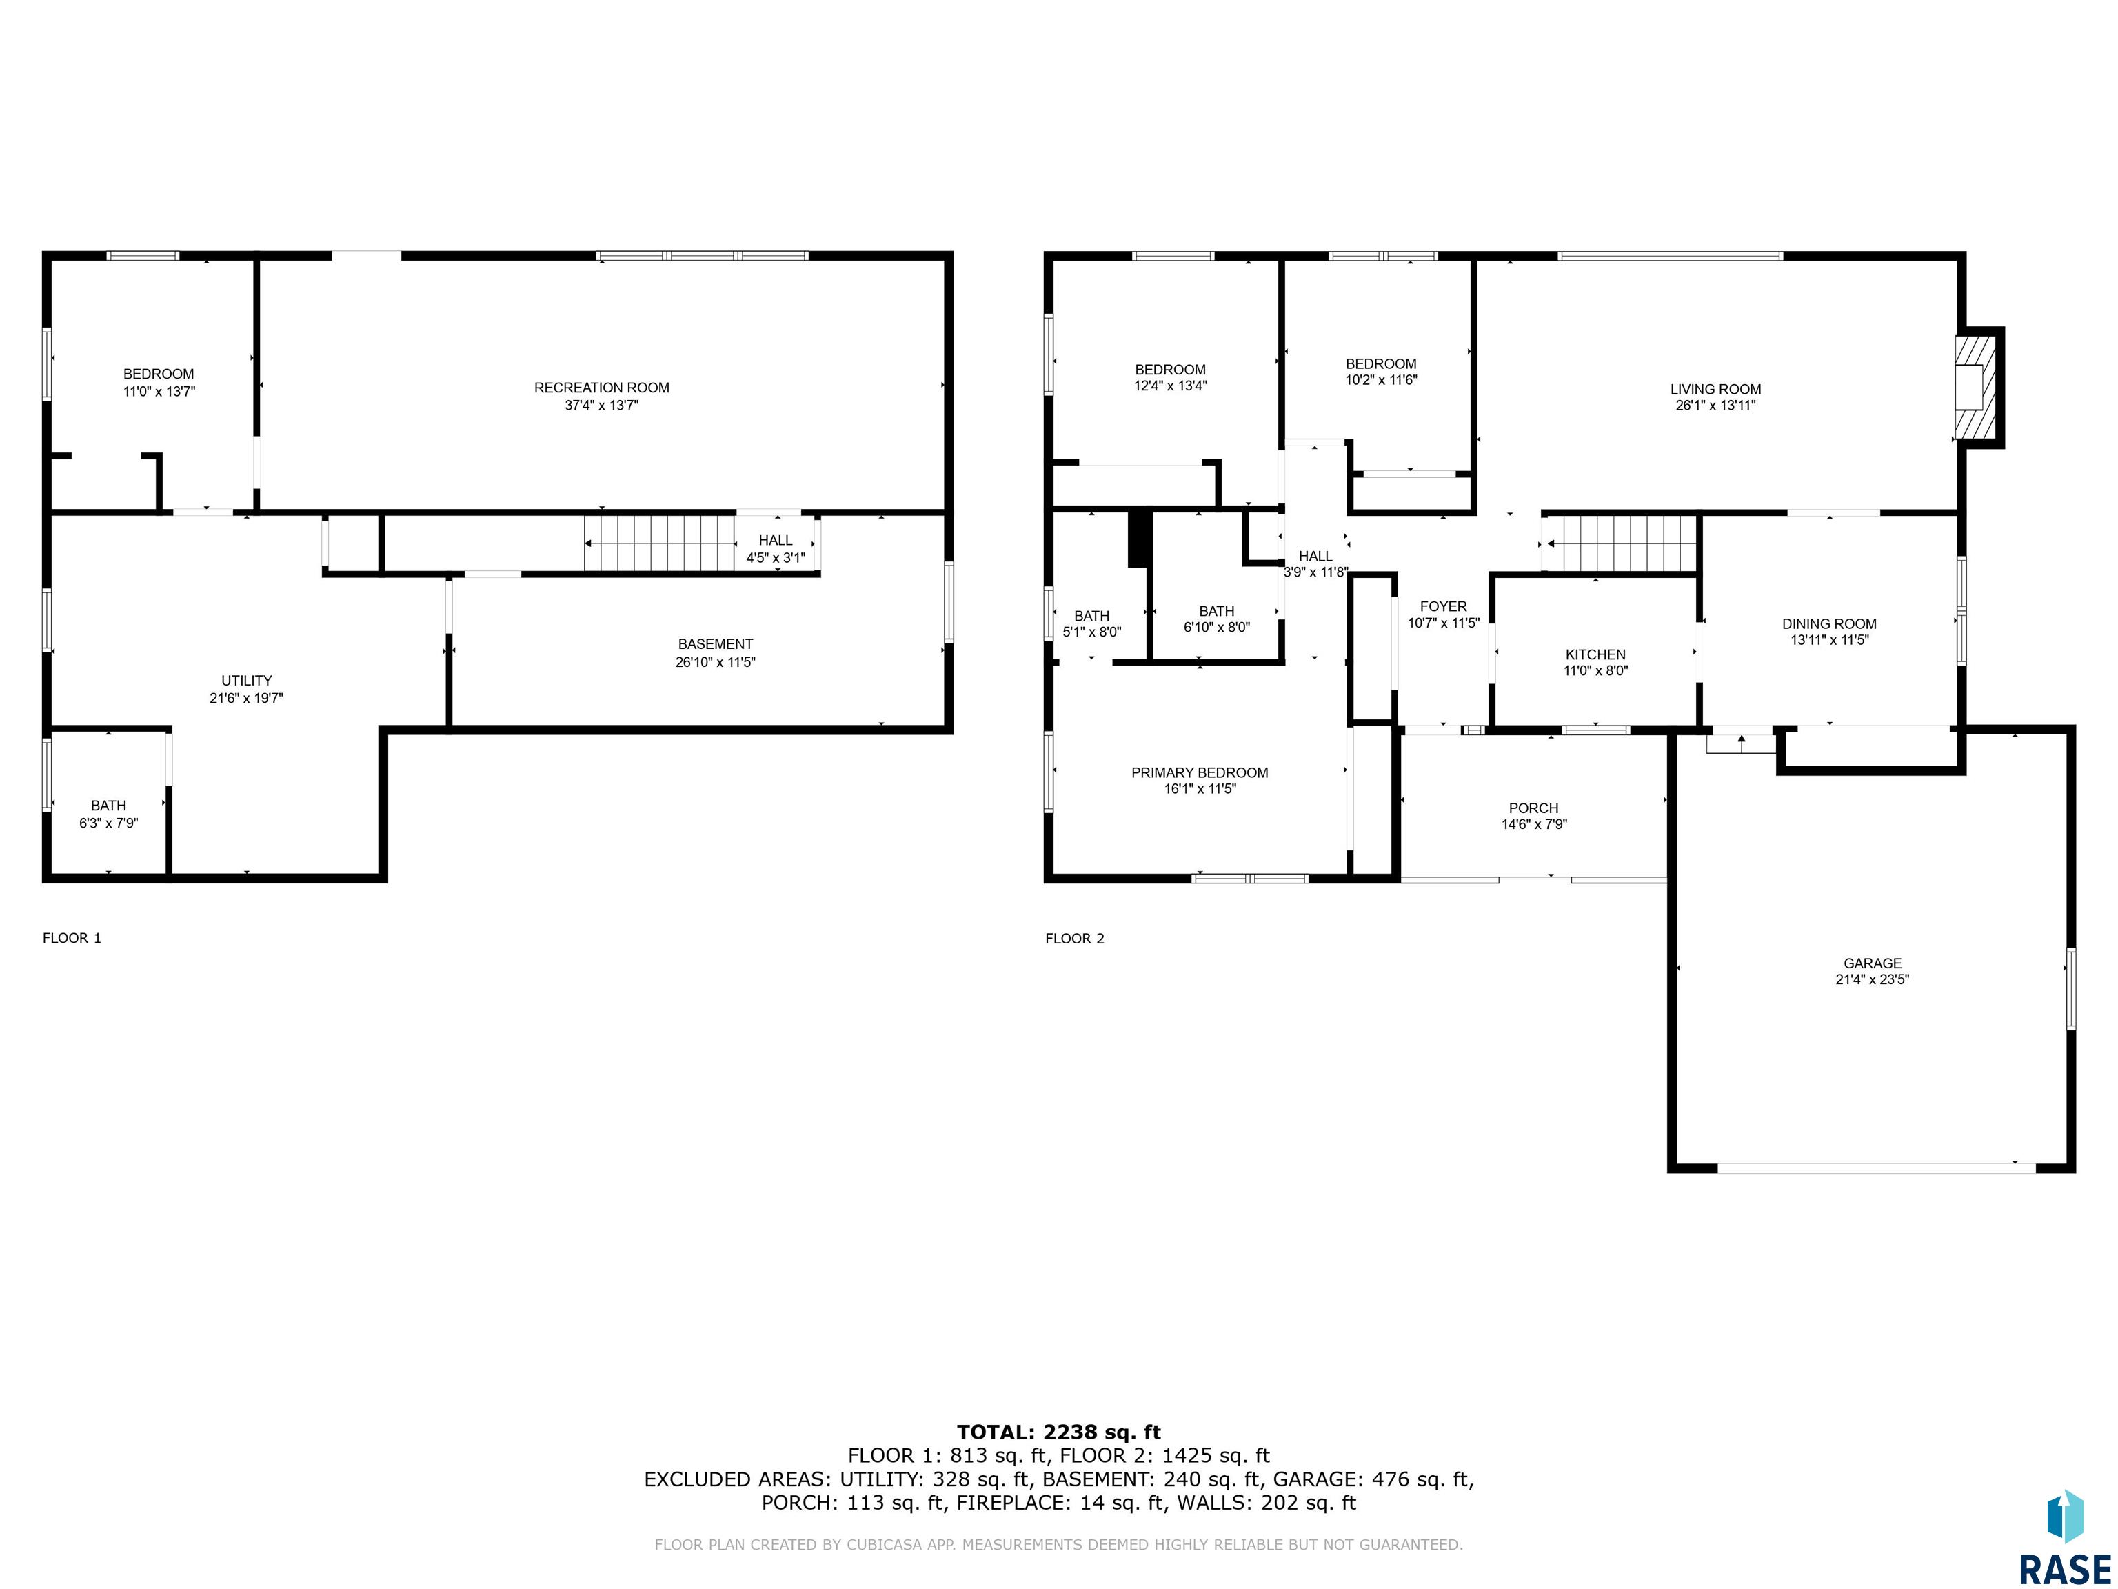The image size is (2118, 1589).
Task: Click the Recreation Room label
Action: tap(601, 388)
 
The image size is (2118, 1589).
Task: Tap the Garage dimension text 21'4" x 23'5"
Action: tap(1872, 980)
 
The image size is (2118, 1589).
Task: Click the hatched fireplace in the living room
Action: tap(1970, 387)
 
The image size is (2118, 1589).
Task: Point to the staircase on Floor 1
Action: tap(660, 543)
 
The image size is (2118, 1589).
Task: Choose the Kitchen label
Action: tap(1595, 655)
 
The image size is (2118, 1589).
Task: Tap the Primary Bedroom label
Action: tap(1200, 773)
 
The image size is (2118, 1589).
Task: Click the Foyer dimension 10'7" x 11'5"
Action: tap(1443, 623)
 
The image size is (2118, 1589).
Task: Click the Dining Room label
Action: tap(1829, 623)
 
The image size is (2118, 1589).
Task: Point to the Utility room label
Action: tap(247, 681)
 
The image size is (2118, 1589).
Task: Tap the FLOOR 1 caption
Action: tap(72, 938)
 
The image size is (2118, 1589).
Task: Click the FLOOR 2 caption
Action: tap(1074, 939)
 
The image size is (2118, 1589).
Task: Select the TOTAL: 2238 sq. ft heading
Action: tap(1059, 1433)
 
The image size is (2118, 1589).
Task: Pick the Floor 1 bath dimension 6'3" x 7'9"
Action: tap(108, 823)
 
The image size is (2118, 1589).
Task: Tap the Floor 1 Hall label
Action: tap(776, 541)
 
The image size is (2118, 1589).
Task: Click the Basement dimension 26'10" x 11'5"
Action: tap(715, 662)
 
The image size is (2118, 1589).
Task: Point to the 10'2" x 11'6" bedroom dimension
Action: tap(1381, 379)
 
